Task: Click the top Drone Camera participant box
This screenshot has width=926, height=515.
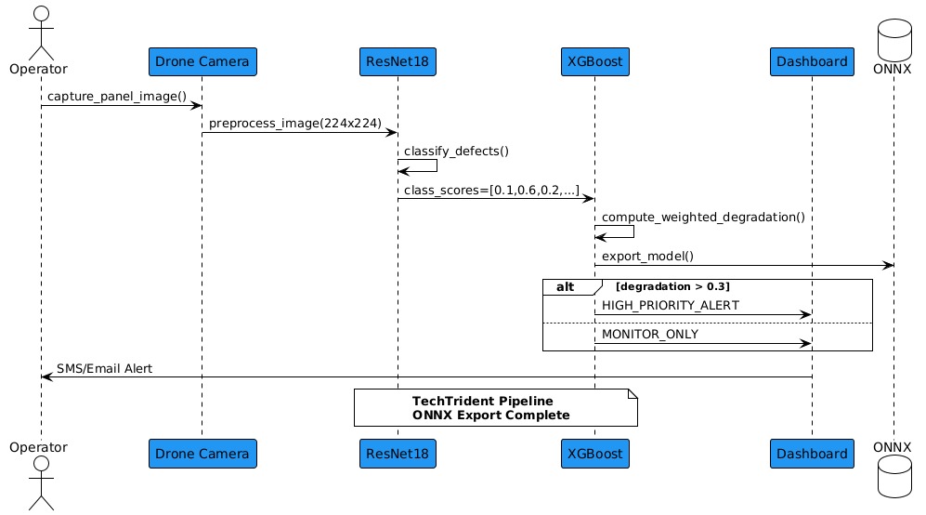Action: [x=202, y=62]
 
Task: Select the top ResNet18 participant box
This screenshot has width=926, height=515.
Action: [x=398, y=62]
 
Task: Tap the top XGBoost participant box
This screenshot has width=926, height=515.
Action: [x=594, y=62]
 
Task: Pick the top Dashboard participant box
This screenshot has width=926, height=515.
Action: [x=812, y=62]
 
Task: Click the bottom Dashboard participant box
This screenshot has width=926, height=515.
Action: [x=812, y=454]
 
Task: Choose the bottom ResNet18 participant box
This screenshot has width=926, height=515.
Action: [x=398, y=454]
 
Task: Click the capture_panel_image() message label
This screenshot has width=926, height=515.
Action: [x=117, y=96]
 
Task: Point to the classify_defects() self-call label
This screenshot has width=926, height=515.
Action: [x=456, y=151]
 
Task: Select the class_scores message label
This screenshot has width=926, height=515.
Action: [x=491, y=190]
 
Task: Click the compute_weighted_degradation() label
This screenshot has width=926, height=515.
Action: [x=702, y=217]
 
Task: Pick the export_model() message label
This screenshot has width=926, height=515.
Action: [x=647, y=256]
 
